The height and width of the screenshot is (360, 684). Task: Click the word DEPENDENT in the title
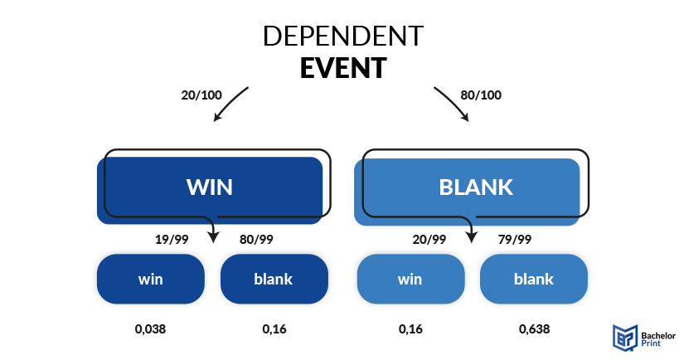343,36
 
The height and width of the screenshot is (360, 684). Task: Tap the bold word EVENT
343,68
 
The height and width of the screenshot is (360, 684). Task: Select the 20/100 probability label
201,95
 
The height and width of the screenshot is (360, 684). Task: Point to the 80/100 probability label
481,95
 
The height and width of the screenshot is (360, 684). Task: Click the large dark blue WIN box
210,190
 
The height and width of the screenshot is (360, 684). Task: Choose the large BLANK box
467,192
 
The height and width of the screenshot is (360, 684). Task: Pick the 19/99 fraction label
172,240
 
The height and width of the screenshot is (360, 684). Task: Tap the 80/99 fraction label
256,240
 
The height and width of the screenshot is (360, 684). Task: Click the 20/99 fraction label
429,240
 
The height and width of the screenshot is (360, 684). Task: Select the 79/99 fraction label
515,240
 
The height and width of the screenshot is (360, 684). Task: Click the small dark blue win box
151,279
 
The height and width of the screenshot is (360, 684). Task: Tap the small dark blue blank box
274,279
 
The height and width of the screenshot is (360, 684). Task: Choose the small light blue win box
410,279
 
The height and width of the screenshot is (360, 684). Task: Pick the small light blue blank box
533,279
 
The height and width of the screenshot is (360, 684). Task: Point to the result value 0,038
150,329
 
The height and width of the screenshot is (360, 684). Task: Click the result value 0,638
534,329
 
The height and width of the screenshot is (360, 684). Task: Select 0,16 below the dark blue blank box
274,329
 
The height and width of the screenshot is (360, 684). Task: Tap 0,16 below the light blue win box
410,329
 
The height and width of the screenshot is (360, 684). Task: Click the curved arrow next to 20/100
229,102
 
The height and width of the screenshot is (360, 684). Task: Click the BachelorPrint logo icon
624,337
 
